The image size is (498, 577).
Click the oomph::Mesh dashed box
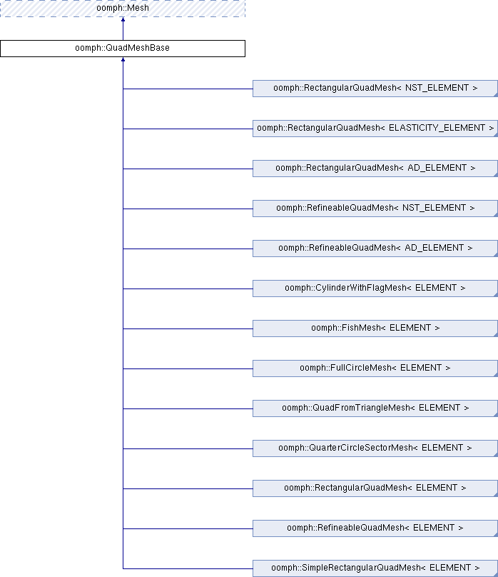[x=123, y=8]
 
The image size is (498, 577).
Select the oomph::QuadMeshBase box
[x=123, y=49]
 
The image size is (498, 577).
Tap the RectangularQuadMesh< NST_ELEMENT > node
[x=375, y=89]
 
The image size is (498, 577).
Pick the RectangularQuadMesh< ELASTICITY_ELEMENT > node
[x=375, y=129]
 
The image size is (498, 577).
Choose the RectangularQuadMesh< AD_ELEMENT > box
[x=375, y=169]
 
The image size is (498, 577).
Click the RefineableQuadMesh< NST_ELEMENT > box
[x=375, y=209]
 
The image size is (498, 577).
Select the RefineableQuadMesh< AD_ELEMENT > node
[x=375, y=249]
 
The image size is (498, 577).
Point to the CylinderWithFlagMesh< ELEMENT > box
[x=375, y=288]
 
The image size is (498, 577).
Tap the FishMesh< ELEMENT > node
[x=375, y=328]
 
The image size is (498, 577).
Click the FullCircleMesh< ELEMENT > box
[x=375, y=368]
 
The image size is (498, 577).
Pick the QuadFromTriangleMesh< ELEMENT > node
[x=375, y=408]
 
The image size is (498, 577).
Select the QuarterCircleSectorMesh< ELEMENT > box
[x=375, y=448]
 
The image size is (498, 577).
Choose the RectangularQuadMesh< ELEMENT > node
[x=375, y=488]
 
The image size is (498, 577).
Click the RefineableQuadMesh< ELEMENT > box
[x=375, y=528]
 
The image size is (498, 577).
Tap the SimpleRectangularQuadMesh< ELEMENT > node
[x=375, y=568]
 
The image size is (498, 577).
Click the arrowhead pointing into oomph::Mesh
[x=123, y=19]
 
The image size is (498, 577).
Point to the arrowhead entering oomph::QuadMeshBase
[x=123, y=59]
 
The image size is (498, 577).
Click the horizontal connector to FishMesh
[x=188, y=328]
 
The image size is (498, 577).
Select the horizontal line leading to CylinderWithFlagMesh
[x=188, y=289]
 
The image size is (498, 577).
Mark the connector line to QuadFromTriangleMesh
[x=188, y=409]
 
